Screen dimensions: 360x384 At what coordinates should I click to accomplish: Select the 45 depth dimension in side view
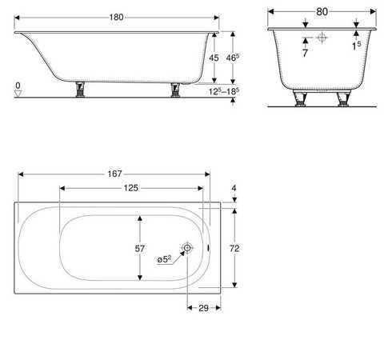(214, 58)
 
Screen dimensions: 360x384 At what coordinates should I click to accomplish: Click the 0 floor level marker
(17, 85)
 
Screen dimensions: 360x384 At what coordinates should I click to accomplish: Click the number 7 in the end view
(304, 52)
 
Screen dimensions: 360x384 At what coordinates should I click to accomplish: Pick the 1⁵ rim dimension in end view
(356, 47)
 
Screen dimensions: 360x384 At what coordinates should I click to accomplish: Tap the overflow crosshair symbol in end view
(322, 37)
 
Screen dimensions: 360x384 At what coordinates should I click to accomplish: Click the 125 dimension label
(131, 187)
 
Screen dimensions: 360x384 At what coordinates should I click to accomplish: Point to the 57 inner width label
(139, 249)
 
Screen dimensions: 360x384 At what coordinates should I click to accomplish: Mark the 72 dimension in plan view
(234, 249)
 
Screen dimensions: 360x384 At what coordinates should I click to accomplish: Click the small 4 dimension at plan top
(234, 189)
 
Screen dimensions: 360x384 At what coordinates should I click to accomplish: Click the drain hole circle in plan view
(186, 249)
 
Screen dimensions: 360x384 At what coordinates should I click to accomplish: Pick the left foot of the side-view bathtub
(80, 90)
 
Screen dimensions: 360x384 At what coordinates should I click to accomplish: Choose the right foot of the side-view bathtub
(175, 90)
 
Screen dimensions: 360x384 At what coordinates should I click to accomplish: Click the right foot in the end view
(344, 98)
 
